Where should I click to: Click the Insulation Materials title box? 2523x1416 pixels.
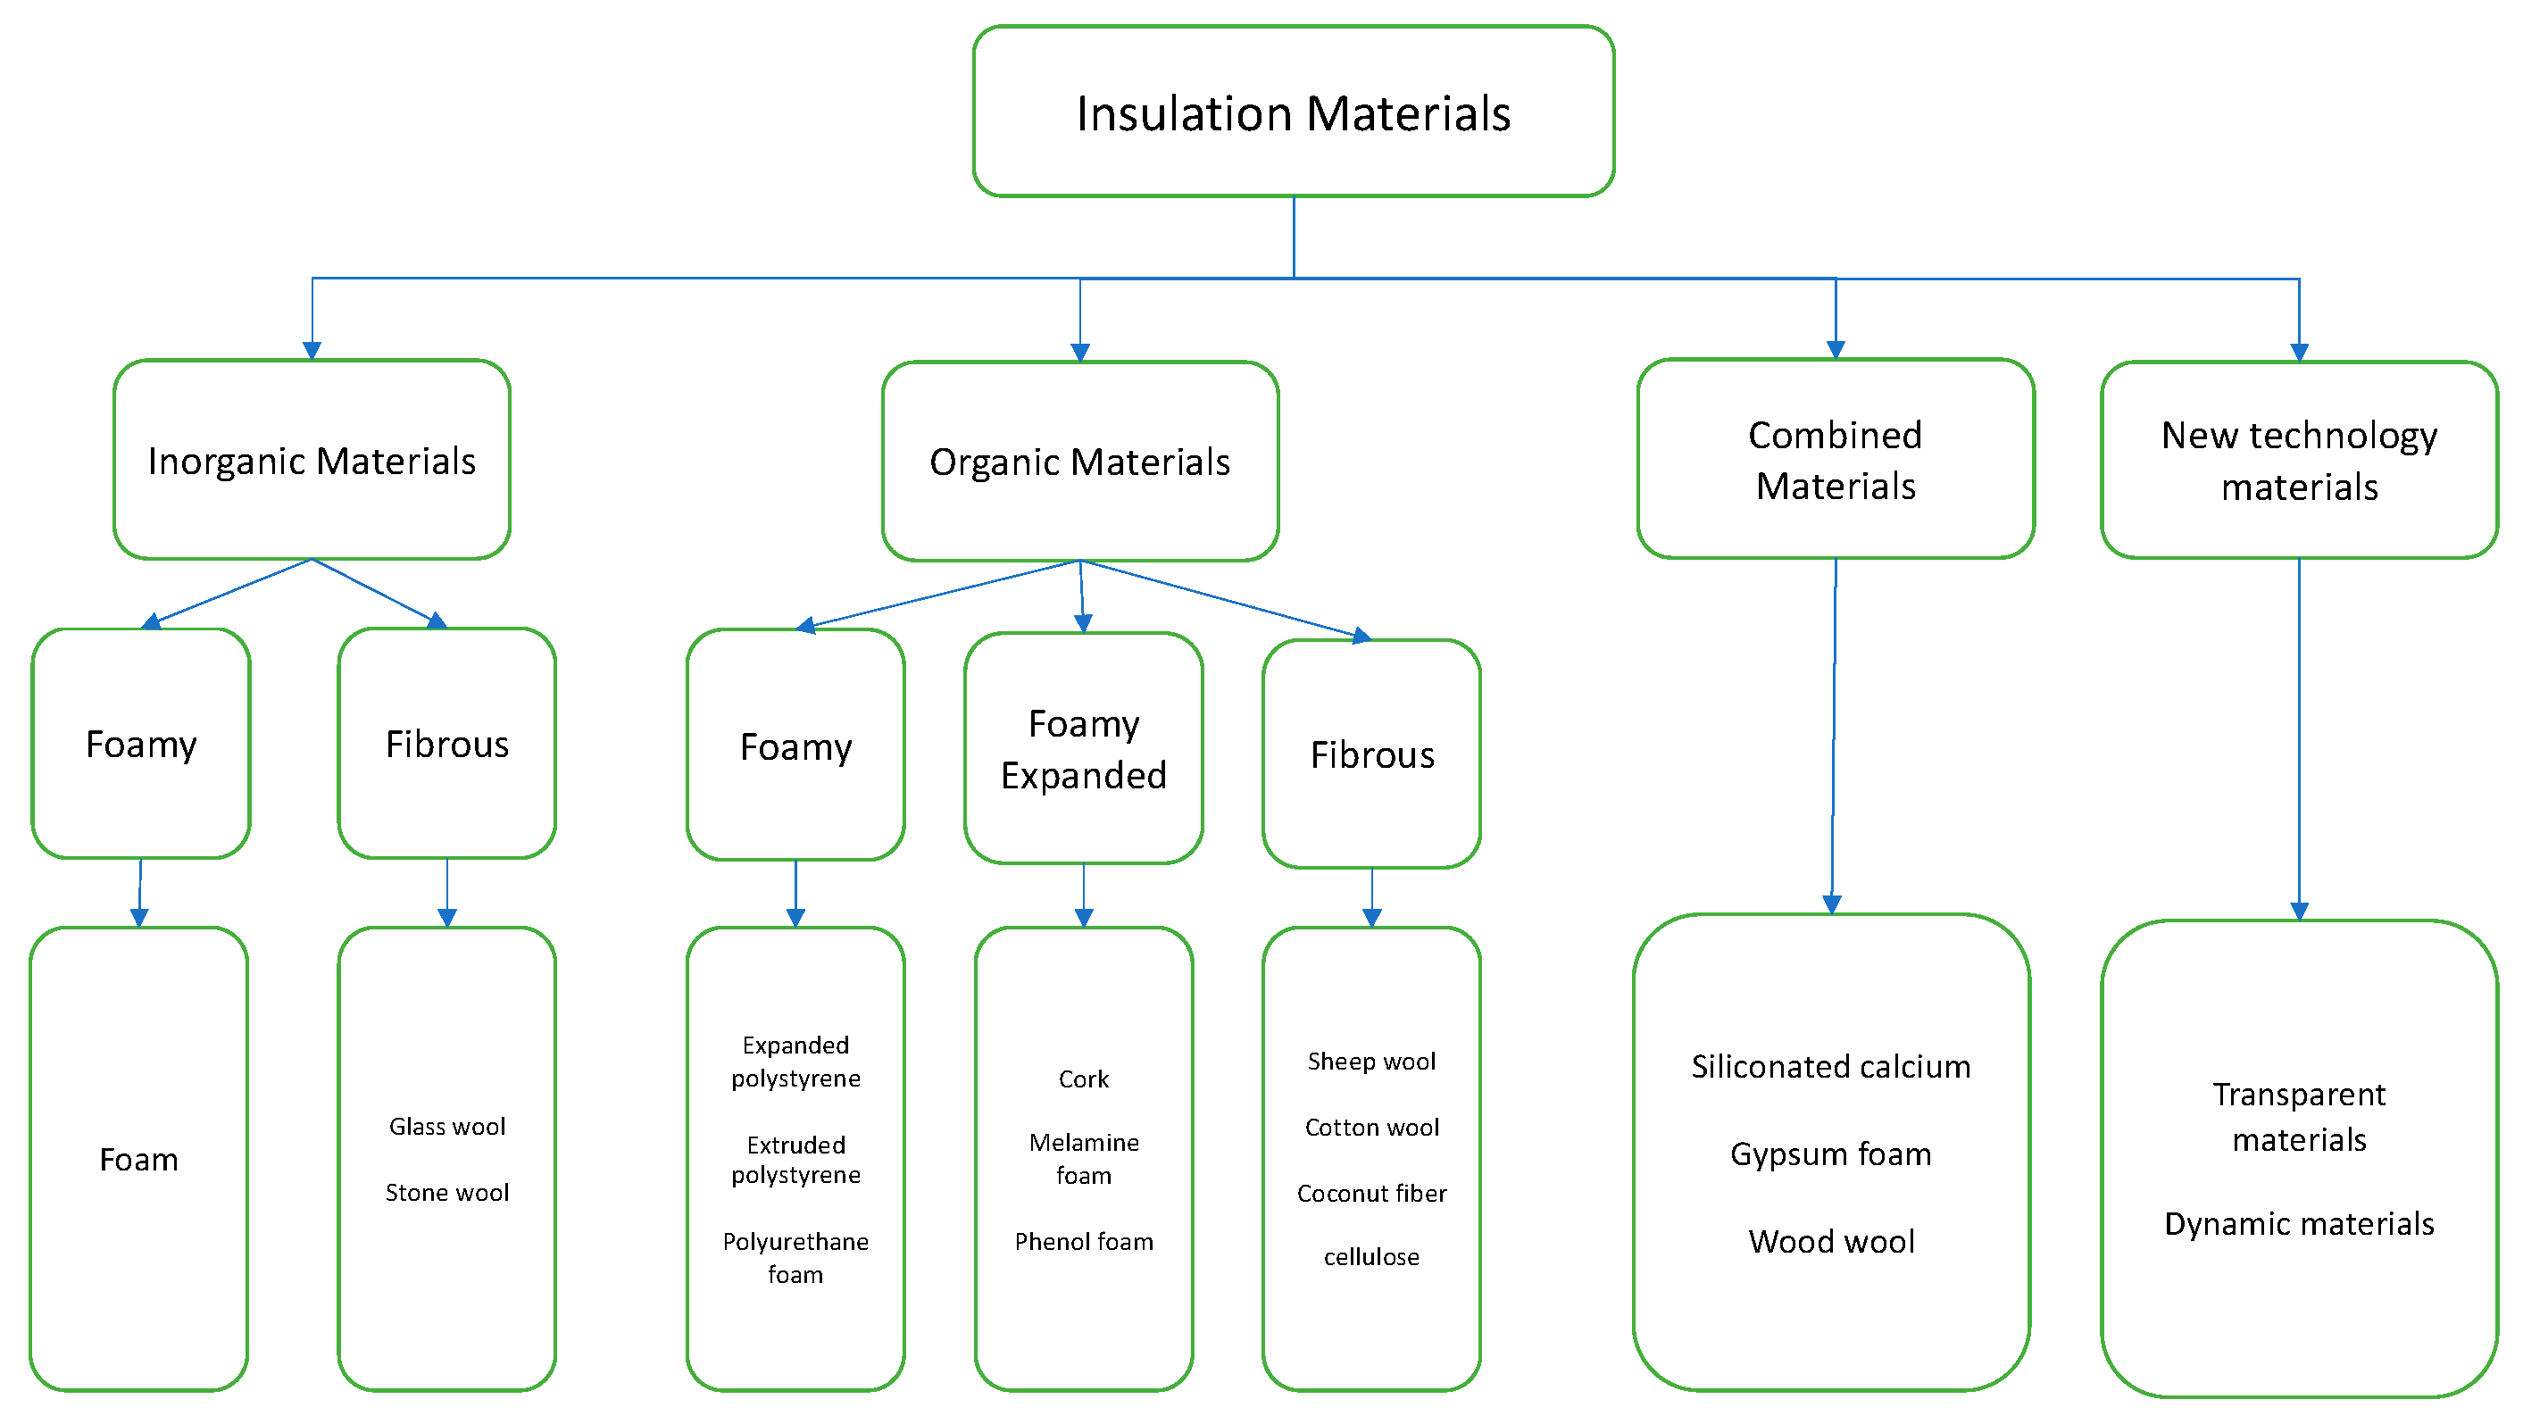(x=1293, y=112)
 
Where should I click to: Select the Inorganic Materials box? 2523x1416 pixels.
(x=312, y=461)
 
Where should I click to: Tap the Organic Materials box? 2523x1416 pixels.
(x=1079, y=462)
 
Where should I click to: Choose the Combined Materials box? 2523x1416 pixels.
(x=1835, y=459)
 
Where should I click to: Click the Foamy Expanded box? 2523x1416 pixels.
(x=1083, y=748)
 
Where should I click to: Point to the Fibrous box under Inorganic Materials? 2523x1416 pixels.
(x=446, y=745)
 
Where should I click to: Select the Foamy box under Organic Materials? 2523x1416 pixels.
(x=795, y=746)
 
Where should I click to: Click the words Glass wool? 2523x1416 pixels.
(x=446, y=1126)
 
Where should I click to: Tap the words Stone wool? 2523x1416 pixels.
(x=446, y=1192)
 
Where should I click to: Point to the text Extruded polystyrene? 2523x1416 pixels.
(x=795, y=1160)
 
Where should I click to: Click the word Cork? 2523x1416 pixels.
(x=1083, y=1079)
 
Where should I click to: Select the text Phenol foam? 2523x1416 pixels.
(x=1083, y=1241)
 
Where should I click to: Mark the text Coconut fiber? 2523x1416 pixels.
(x=1371, y=1193)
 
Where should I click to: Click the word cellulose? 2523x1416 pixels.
(x=1371, y=1256)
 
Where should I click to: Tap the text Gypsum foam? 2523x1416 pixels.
(x=1830, y=1154)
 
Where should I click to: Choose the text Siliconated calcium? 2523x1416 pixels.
(x=1830, y=1065)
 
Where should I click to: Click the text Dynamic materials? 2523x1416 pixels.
(x=2298, y=1223)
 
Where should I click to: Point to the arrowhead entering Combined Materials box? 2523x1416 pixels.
(x=1835, y=350)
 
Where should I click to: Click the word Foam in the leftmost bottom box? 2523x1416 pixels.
(x=139, y=1160)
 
